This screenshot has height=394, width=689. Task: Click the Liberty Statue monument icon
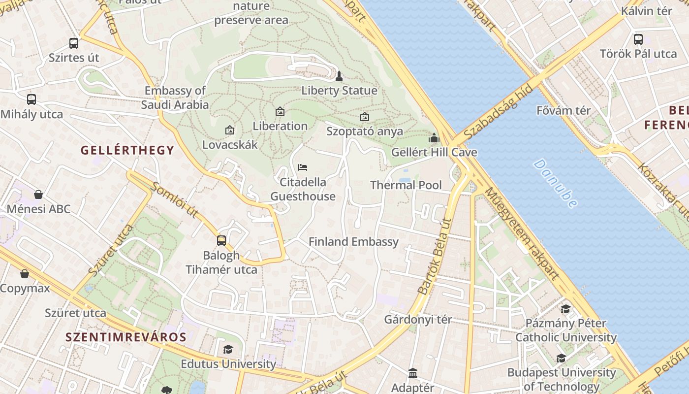click(339, 76)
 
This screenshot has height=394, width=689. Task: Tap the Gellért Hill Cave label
click(434, 152)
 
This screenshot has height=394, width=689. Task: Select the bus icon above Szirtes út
click(74, 43)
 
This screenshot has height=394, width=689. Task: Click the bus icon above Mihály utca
click(31, 99)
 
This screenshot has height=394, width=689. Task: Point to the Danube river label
click(556, 183)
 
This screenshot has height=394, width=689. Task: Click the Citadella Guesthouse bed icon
click(303, 167)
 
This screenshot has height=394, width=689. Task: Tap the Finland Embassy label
click(353, 242)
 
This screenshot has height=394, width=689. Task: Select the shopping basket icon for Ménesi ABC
click(38, 195)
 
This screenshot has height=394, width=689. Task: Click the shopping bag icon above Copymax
click(25, 274)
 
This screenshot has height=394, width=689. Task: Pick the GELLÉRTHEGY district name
click(127, 150)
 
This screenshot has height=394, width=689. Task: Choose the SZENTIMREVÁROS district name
click(126, 337)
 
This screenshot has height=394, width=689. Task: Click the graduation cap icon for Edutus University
click(228, 350)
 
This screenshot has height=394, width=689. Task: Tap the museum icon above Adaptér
click(413, 373)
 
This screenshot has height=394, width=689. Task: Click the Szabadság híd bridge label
click(498, 111)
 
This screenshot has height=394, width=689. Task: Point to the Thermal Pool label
click(406, 185)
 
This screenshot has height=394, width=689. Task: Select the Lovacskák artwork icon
click(229, 131)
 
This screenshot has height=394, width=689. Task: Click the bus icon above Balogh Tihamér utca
click(221, 241)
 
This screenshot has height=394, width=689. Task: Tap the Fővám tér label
click(564, 110)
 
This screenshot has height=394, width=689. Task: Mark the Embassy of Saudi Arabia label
click(175, 98)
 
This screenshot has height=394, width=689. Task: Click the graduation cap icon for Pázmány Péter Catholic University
click(565, 309)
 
